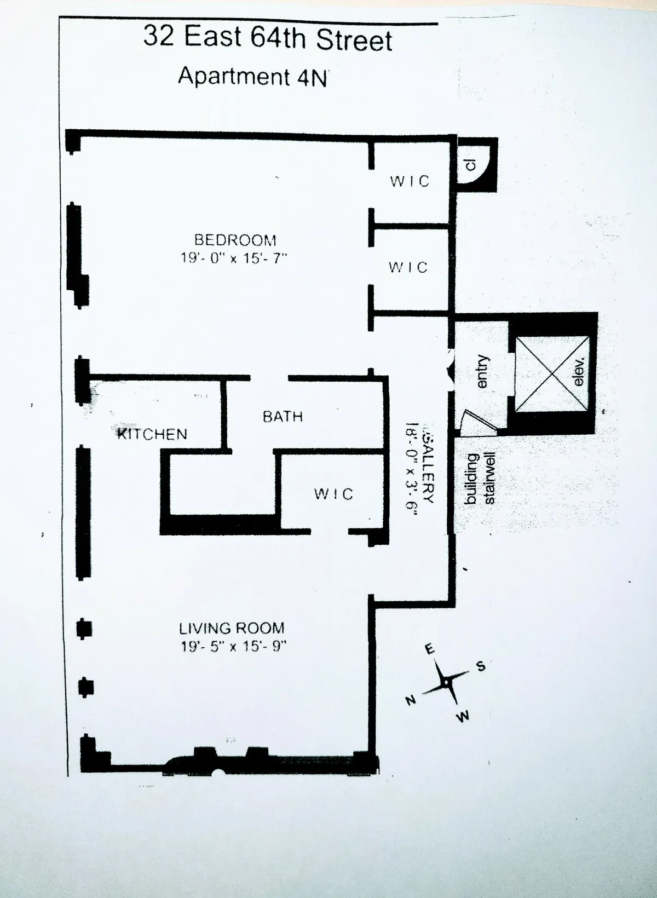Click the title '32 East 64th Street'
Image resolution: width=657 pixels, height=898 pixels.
tap(268, 38)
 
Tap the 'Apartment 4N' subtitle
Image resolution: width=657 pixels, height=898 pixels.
tap(252, 76)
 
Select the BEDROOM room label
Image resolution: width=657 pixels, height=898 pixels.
tap(235, 240)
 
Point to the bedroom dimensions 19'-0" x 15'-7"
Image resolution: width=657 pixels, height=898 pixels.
tap(234, 258)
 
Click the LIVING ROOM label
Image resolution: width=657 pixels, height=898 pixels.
tap(232, 628)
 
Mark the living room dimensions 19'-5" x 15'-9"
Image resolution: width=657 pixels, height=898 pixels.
tap(234, 647)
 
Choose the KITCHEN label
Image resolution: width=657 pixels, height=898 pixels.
tap(153, 434)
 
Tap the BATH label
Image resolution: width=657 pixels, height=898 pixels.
tap(283, 417)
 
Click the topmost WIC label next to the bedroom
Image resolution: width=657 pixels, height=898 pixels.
tap(410, 181)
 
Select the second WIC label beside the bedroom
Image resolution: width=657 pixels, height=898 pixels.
tap(408, 267)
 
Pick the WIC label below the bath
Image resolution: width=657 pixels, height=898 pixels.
tap(334, 494)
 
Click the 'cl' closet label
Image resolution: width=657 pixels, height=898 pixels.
tap(471, 164)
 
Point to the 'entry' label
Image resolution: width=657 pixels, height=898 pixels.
tap(482, 372)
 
